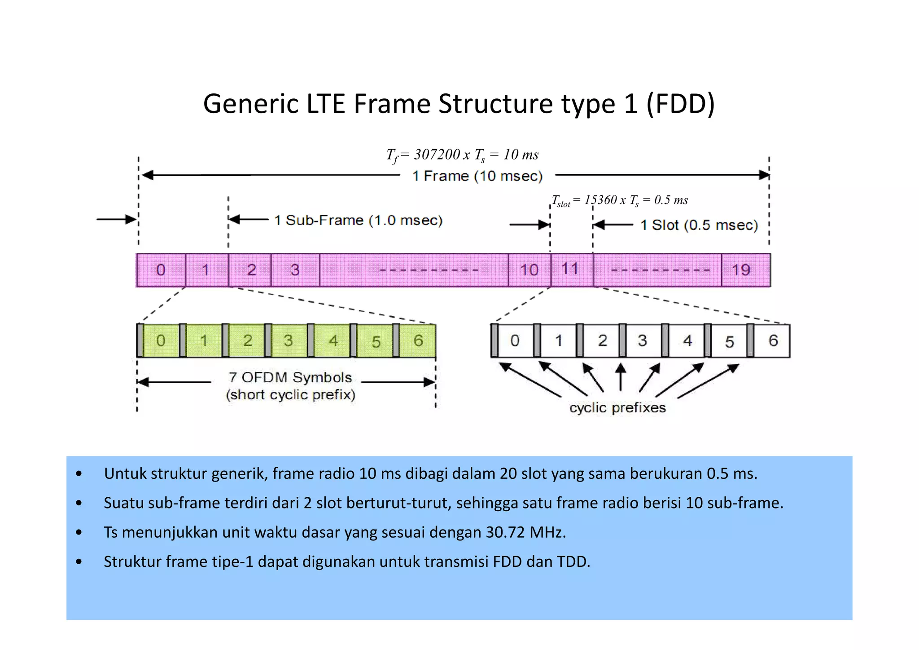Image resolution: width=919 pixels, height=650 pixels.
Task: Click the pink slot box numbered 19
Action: tap(745, 270)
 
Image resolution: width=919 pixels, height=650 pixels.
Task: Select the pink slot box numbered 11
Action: tap(572, 270)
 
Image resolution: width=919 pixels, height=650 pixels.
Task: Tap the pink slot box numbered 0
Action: tap(161, 270)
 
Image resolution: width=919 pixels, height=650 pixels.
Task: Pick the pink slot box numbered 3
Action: tap(295, 270)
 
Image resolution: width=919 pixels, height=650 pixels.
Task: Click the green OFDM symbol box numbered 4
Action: tap(333, 341)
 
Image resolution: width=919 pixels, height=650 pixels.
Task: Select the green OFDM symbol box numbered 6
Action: tap(418, 341)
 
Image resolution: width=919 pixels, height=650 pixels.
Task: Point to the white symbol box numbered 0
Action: tap(515, 341)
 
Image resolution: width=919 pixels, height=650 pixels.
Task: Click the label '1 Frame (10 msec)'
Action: tap(477, 176)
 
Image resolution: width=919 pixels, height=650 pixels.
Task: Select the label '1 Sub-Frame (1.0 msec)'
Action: tap(358, 221)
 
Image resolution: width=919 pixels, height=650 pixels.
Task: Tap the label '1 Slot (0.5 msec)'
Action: tap(699, 225)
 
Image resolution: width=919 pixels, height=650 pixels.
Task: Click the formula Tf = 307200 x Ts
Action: tap(462, 155)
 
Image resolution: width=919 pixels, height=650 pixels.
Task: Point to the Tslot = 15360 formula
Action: tap(619, 200)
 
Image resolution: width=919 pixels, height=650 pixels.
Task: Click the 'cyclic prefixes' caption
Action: tap(617, 408)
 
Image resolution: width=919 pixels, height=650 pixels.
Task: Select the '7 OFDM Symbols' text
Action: tap(290, 378)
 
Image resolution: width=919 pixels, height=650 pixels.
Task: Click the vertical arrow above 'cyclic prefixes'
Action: tap(621, 377)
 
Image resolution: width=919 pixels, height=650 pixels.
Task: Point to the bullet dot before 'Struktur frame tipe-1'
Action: tap(79, 562)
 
